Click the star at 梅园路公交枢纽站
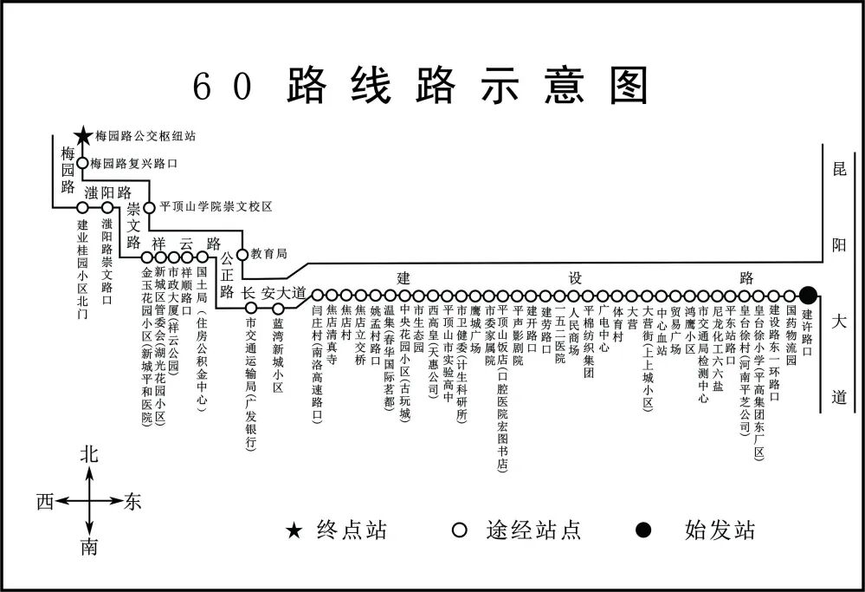tap(82, 136)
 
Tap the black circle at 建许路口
tap(808, 295)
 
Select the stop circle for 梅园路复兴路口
tap(82, 163)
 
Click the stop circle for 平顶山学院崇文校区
tap(149, 207)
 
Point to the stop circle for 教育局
tap(242, 254)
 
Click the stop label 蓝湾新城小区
tap(278, 356)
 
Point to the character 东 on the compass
tap(132, 501)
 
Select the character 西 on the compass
tap(46, 501)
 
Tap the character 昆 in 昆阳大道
tap(838, 171)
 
